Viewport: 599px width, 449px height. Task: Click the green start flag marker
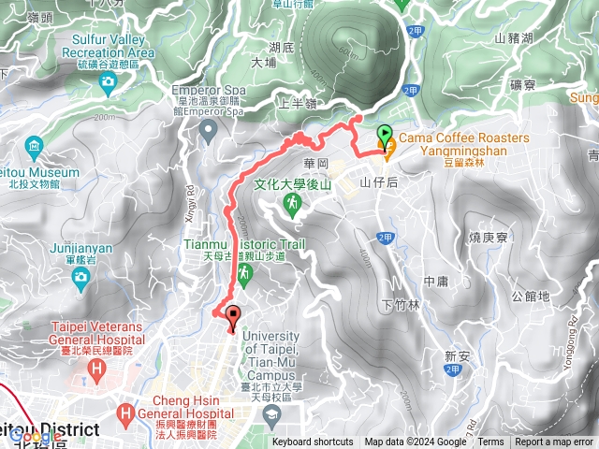[x=385, y=135]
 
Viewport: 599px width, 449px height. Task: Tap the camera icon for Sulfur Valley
[x=109, y=81]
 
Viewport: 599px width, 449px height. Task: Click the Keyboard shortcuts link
[x=313, y=442]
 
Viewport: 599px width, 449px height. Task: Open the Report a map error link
[x=554, y=442]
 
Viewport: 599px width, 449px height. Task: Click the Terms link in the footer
[x=490, y=442]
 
